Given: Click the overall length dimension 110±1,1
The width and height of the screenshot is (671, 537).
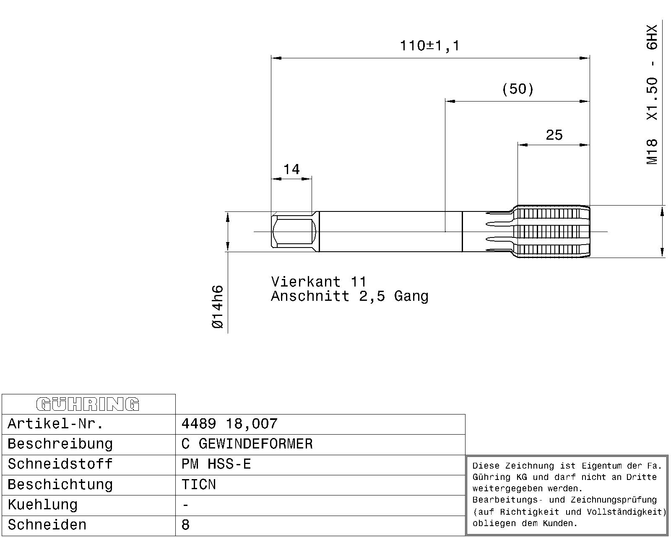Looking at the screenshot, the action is point(430,46).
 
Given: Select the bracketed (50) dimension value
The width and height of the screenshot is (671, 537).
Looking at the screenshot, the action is point(518,89).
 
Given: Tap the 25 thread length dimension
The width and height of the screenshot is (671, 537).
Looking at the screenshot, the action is point(554,135).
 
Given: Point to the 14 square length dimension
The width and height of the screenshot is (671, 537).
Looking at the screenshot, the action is point(291,169).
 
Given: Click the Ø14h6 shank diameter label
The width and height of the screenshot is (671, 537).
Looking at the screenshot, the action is point(218,307).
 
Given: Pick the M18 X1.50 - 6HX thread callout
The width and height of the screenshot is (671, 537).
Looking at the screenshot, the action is point(652,94).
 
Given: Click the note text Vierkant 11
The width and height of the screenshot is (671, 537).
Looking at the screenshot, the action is point(319,282).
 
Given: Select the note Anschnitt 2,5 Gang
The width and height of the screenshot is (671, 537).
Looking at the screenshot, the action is point(350,296).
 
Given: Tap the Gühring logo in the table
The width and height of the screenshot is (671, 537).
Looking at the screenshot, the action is point(88,404).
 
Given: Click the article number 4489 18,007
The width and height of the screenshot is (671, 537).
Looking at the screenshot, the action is point(229,424).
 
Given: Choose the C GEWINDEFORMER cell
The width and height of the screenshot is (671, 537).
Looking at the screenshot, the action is point(247,444).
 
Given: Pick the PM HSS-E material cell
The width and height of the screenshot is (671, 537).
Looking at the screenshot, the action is point(216,464).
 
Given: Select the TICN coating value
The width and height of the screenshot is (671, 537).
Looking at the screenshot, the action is point(199,485).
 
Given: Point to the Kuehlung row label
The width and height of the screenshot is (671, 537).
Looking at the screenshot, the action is point(43,505).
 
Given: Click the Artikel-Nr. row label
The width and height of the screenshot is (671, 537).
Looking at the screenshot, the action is point(55,424).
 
